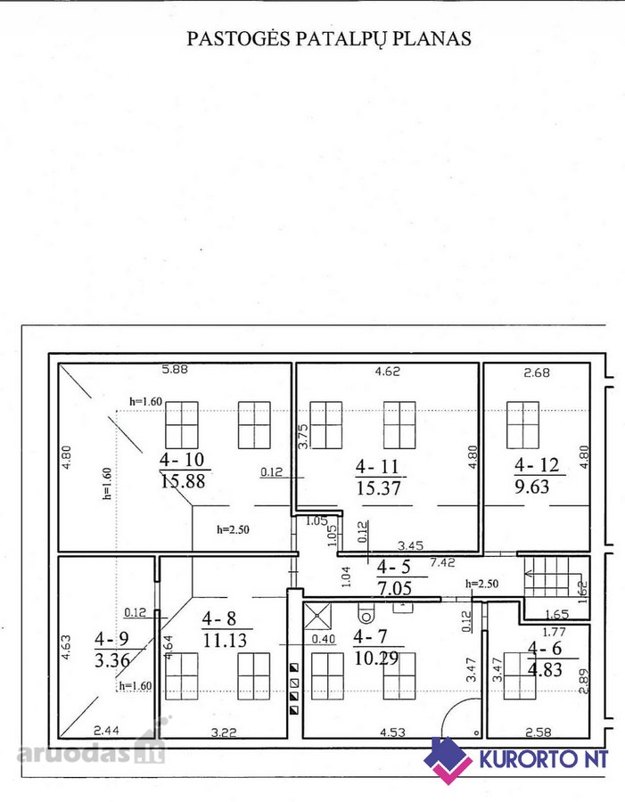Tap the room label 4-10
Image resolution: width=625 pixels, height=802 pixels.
coord(182,459)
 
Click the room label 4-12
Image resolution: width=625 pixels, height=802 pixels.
coord(537,465)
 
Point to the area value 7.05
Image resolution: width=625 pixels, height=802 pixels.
coord(394,588)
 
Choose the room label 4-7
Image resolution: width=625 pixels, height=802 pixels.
coord(371,636)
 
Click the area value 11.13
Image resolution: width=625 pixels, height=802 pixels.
coord(225,640)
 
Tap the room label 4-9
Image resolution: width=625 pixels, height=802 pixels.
coord(111,639)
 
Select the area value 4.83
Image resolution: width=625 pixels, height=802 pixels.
coord(546,669)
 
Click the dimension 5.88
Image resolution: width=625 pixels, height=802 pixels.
coord(175,369)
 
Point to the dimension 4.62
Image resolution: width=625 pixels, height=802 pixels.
coord(388,372)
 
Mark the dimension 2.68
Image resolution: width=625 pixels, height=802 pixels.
coord(537,372)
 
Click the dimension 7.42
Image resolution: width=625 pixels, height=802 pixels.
coord(442,562)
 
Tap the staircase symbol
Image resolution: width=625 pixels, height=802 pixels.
coord(547,577)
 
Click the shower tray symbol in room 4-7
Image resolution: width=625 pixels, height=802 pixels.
coord(317,616)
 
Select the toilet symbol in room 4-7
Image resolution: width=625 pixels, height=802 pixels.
coord(366,610)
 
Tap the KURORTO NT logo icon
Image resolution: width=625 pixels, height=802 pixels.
coord(448,760)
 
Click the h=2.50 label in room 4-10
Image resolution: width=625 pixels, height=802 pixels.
coord(233,530)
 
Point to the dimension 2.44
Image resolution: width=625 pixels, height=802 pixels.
coord(106,731)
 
